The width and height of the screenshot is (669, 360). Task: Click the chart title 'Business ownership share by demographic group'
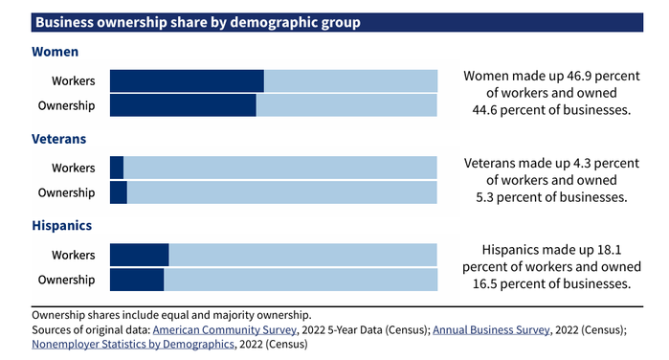coord(197,22)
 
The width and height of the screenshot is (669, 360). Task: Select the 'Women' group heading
coord(55,52)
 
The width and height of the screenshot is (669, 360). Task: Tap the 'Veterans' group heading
coord(59,139)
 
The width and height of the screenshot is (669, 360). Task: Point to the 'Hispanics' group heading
coord(62,226)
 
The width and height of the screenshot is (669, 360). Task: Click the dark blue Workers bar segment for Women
coord(187,81)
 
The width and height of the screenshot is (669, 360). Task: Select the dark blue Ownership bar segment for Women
coord(183,105)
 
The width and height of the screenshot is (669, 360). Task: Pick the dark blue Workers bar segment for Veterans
coord(117,168)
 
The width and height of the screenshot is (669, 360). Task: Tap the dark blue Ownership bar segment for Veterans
coord(119,192)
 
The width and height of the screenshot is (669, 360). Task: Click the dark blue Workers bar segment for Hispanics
coord(140,255)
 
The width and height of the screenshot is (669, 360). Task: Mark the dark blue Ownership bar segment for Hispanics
coord(137,280)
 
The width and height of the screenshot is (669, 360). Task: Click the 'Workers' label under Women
coord(74,81)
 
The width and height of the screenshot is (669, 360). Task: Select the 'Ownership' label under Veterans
coord(66,192)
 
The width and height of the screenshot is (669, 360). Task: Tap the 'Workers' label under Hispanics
coord(74,255)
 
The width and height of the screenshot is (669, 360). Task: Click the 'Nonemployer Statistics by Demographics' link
coord(132,345)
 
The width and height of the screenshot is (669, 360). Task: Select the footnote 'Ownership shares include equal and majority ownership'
coord(171,314)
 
